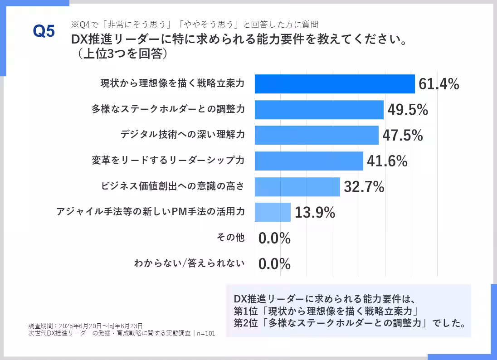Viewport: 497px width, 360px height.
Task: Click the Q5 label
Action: tap(44, 31)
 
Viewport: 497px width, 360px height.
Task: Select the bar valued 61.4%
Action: tap(334, 84)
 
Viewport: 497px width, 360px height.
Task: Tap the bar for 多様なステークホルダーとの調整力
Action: tap(319, 110)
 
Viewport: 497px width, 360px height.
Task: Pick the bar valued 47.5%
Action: tap(316, 135)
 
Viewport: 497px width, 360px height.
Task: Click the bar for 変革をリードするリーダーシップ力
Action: tap(308, 161)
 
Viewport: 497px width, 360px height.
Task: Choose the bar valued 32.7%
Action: tap(297, 187)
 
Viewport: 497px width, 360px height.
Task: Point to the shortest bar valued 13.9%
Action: tap(272, 212)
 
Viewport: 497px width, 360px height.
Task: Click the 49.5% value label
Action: tap(408, 110)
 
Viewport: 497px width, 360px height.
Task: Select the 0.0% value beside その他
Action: tap(274, 238)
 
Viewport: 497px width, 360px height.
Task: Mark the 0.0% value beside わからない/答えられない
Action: tap(274, 263)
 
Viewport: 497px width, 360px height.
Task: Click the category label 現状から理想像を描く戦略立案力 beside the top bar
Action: tap(172, 84)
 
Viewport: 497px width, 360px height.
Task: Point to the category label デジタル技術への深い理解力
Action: tap(182, 135)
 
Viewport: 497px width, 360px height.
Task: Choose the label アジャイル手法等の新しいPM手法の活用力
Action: tap(151, 212)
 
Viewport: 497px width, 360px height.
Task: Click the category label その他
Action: tap(231, 238)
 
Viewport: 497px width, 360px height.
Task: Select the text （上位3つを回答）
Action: tap(120, 54)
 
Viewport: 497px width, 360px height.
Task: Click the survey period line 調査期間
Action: tap(85, 326)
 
